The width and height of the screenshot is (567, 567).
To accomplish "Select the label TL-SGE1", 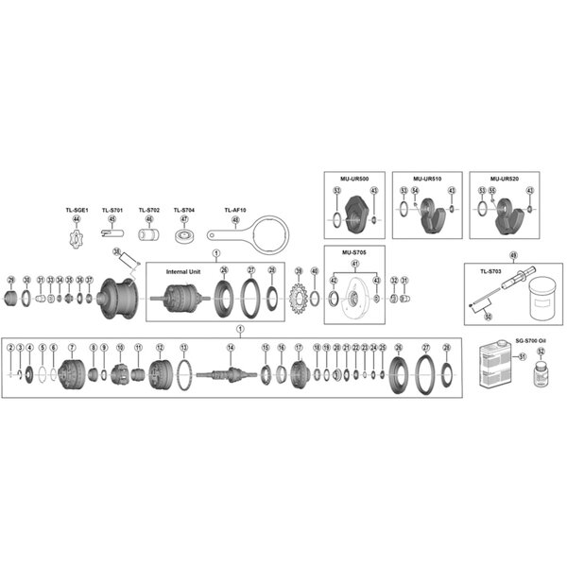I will [77, 210].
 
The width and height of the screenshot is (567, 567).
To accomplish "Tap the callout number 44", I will [77, 219].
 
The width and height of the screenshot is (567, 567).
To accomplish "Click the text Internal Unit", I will [183, 270].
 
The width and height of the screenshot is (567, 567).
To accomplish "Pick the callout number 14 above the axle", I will [231, 347].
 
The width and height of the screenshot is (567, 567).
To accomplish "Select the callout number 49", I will [513, 255].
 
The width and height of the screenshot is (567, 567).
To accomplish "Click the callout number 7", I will [71, 348].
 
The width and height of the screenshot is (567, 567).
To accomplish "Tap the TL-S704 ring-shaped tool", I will [184, 234].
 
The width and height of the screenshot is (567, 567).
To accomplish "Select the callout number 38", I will [116, 252].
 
